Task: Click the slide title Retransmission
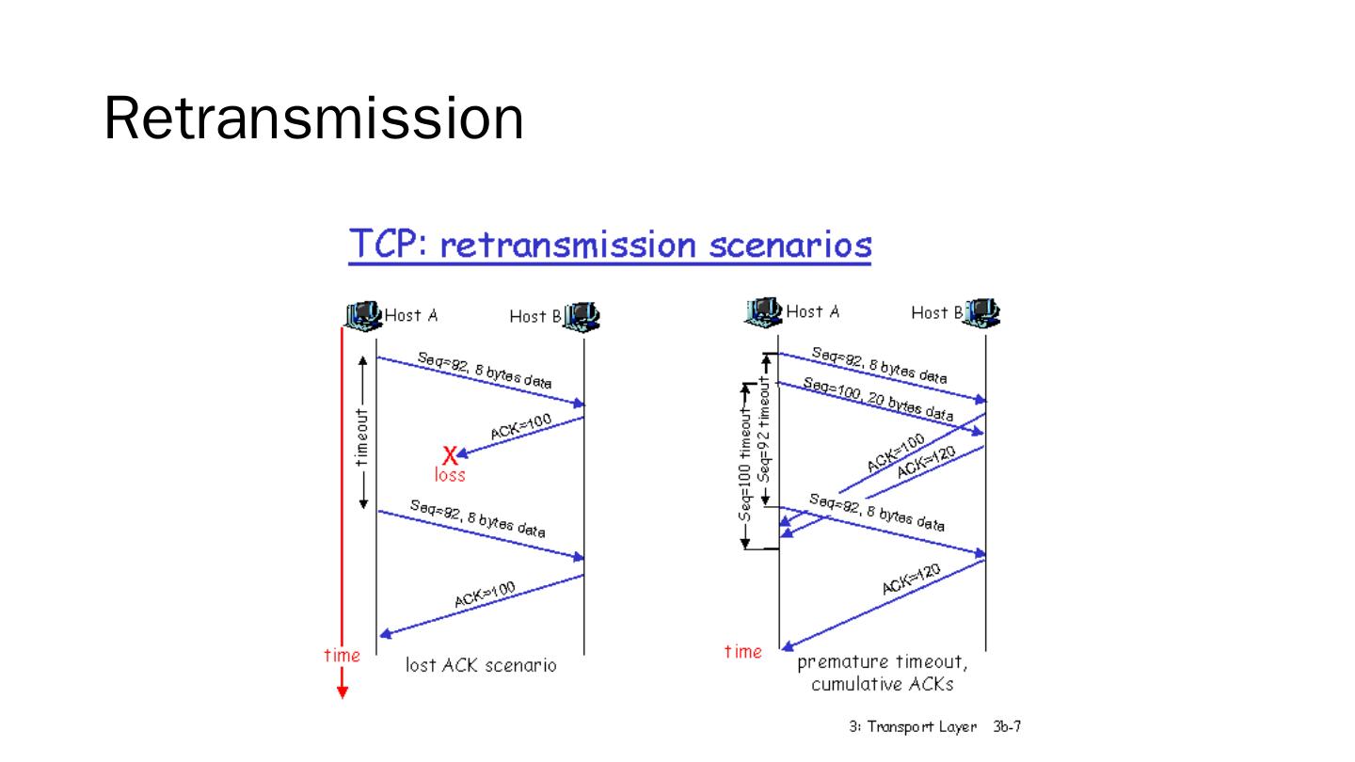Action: point(313,119)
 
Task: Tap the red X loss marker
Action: point(450,455)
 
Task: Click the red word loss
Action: point(450,475)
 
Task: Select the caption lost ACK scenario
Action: point(481,666)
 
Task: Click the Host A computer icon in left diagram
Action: point(363,314)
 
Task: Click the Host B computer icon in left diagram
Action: point(582,314)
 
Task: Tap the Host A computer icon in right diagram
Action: point(764,310)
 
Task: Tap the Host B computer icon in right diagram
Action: point(982,310)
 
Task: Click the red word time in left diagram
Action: point(342,656)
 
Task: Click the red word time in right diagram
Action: point(743,651)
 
